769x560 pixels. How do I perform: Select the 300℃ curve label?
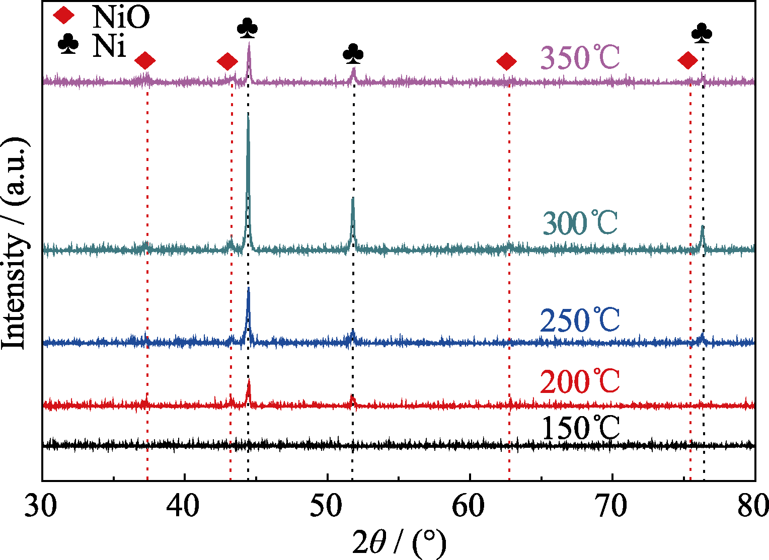[580, 223]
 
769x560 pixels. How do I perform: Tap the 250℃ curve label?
[580, 320]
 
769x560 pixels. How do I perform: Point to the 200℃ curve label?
[580, 382]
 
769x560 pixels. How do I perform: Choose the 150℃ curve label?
[580, 429]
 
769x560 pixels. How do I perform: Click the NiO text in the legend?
[120, 17]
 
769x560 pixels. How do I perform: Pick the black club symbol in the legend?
[68, 45]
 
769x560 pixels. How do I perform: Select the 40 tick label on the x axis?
[185, 506]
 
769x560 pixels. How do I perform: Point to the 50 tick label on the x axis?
[327, 506]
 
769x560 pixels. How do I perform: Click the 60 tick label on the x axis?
[470, 506]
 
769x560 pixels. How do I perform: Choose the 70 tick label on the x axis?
[612, 506]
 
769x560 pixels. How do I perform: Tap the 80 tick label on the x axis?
[753, 506]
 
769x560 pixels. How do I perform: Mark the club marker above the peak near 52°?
[353, 53]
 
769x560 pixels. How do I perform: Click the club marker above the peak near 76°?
[702, 33]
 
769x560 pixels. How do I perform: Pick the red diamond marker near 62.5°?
[507, 62]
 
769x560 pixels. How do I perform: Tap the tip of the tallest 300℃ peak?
[248, 114]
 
